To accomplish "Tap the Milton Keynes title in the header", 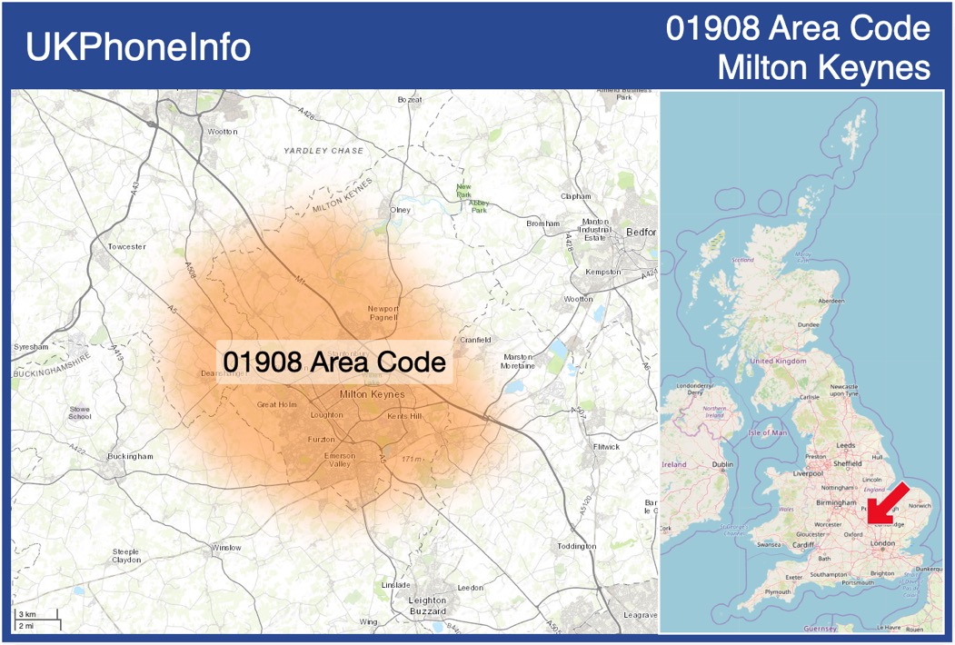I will point(823,67).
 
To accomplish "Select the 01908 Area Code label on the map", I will point(334,362).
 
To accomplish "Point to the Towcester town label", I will point(126,246).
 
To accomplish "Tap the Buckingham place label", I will point(130,456).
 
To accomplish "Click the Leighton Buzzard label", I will point(427,606).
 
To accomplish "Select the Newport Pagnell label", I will point(383,313).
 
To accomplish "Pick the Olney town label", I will point(400,210).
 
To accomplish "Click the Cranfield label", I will point(475,340).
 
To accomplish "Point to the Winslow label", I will point(227,548).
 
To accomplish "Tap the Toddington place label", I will point(577,546).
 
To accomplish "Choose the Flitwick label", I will point(606,447).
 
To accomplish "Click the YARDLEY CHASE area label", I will point(323,151).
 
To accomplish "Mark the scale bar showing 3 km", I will point(36,617).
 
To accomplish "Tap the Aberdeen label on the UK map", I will point(831,300).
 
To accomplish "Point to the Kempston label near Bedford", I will point(603,272).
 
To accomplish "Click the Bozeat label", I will point(410,99).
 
